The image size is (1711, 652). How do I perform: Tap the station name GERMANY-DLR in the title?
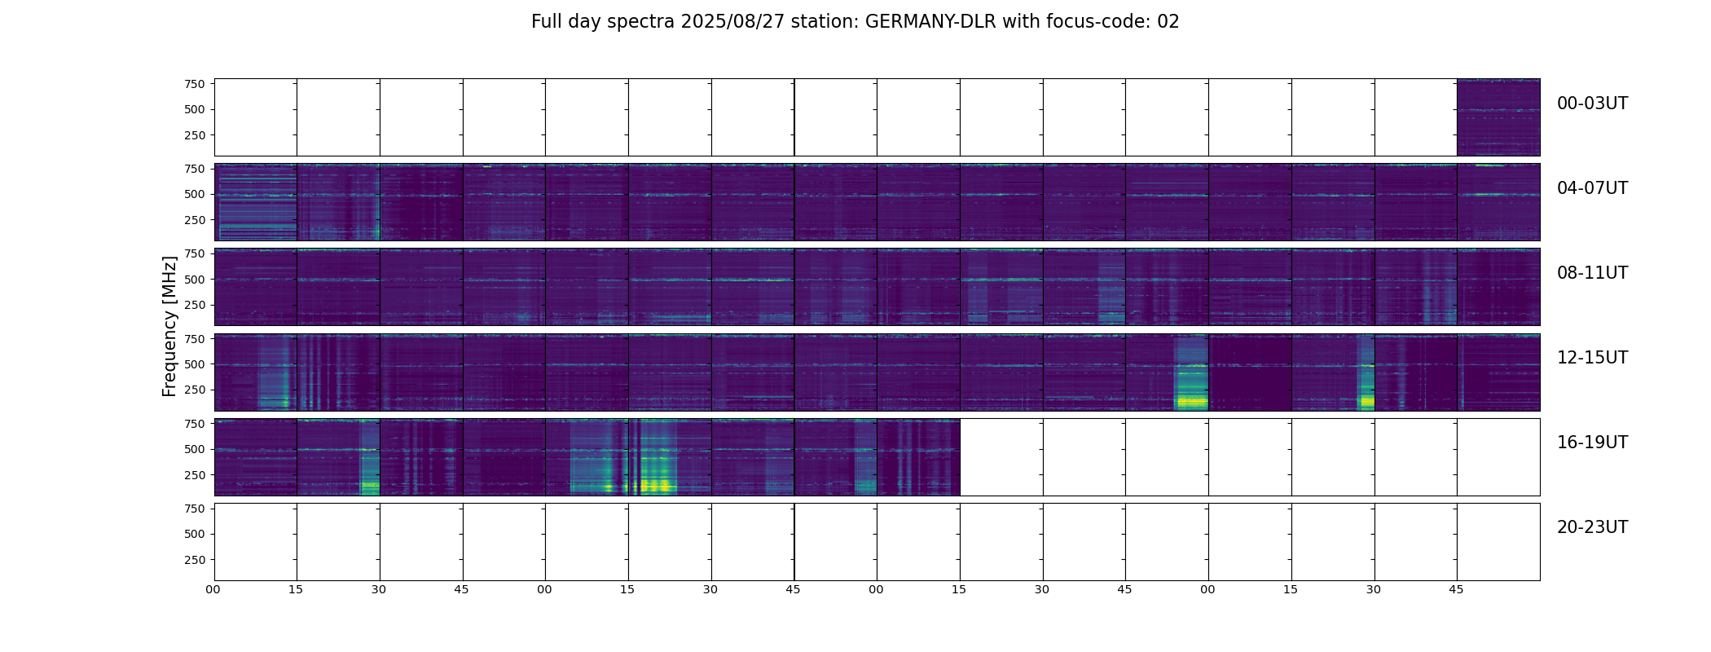[x=930, y=22]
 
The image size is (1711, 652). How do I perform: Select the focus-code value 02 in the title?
[x=1168, y=22]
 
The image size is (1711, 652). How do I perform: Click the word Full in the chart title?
[x=548, y=22]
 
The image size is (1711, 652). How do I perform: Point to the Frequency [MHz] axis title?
[x=169, y=326]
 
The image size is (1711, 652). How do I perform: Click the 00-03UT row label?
[x=1592, y=104]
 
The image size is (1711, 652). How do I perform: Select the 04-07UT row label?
[x=1592, y=188]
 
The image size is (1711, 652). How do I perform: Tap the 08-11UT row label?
[x=1592, y=273]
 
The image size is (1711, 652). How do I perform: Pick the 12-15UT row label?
[x=1592, y=358]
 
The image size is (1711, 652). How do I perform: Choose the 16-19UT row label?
[x=1592, y=443]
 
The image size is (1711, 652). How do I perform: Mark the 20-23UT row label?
[x=1592, y=527]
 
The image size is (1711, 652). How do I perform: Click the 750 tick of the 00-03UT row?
[x=195, y=84]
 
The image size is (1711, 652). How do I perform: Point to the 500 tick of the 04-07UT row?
[x=195, y=195]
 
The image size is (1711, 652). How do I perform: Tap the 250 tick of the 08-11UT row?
[x=195, y=306]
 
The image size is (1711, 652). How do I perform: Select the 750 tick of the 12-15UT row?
[x=195, y=338]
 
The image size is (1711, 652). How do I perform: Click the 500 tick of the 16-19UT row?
[x=195, y=449]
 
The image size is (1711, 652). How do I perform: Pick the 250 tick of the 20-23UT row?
[x=195, y=560]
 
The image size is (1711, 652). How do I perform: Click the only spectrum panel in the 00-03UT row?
[x=1498, y=117]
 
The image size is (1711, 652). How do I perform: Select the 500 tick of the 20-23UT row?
[x=195, y=534]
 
